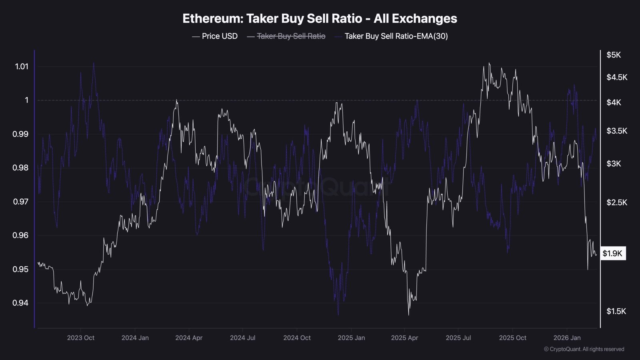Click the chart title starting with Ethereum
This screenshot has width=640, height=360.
[320, 18]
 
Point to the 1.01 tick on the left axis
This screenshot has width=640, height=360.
[22, 66]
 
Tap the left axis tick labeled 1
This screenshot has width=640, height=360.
[27, 100]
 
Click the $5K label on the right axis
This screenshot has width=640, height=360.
[614, 55]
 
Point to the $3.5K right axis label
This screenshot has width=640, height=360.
[616, 131]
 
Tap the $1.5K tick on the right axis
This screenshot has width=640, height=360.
[616, 311]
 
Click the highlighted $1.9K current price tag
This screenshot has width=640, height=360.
[612, 253]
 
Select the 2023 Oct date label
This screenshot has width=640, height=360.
[80, 338]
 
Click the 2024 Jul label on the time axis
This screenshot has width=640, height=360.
[242, 338]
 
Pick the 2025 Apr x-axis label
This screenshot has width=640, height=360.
[404, 338]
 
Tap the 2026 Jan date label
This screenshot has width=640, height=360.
[567, 338]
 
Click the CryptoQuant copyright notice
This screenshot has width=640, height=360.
[584, 349]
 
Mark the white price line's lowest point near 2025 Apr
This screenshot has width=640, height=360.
[408, 315]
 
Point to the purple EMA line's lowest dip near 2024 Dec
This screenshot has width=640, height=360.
[338, 314]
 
